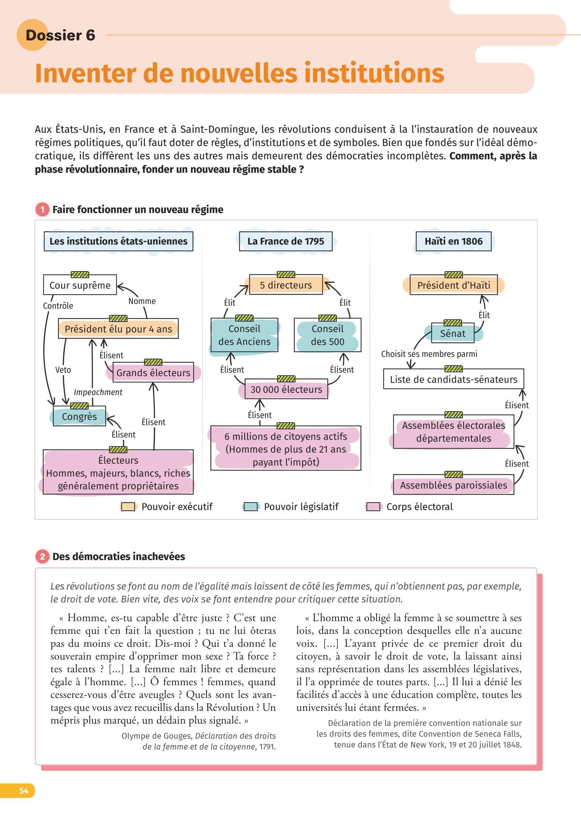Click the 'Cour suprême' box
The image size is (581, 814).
click(x=80, y=285)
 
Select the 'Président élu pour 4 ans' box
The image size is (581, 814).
click(x=118, y=329)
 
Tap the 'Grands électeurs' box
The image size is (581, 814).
click(x=153, y=372)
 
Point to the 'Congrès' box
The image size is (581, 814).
click(x=79, y=416)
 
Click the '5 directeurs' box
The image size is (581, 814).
click(x=286, y=285)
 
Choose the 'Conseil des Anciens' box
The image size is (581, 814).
click(x=244, y=335)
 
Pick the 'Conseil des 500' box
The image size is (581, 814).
click(x=328, y=335)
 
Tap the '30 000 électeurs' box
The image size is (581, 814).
click(x=286, y=389)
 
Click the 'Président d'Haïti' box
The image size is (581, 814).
click(x=454, y=285)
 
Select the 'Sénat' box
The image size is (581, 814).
click(x=453, y=333)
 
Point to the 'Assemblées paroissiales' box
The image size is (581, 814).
click(x=453, y=485)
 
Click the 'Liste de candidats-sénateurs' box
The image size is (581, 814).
click(x=453, y=379)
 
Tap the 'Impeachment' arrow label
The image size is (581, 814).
click(x=98, y=392)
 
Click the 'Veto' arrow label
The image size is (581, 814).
click(x=63, y=370)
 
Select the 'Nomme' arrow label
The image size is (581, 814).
click(x=142, y=301)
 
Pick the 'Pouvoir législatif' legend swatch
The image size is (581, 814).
click(x=251, y=507)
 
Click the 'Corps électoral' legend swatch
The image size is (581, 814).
click(x=373, y=507)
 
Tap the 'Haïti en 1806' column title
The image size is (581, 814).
click(x=453, y=241)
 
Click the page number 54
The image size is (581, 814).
click(x=24, y=790)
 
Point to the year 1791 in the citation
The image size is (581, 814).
click(x=267, y=746)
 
